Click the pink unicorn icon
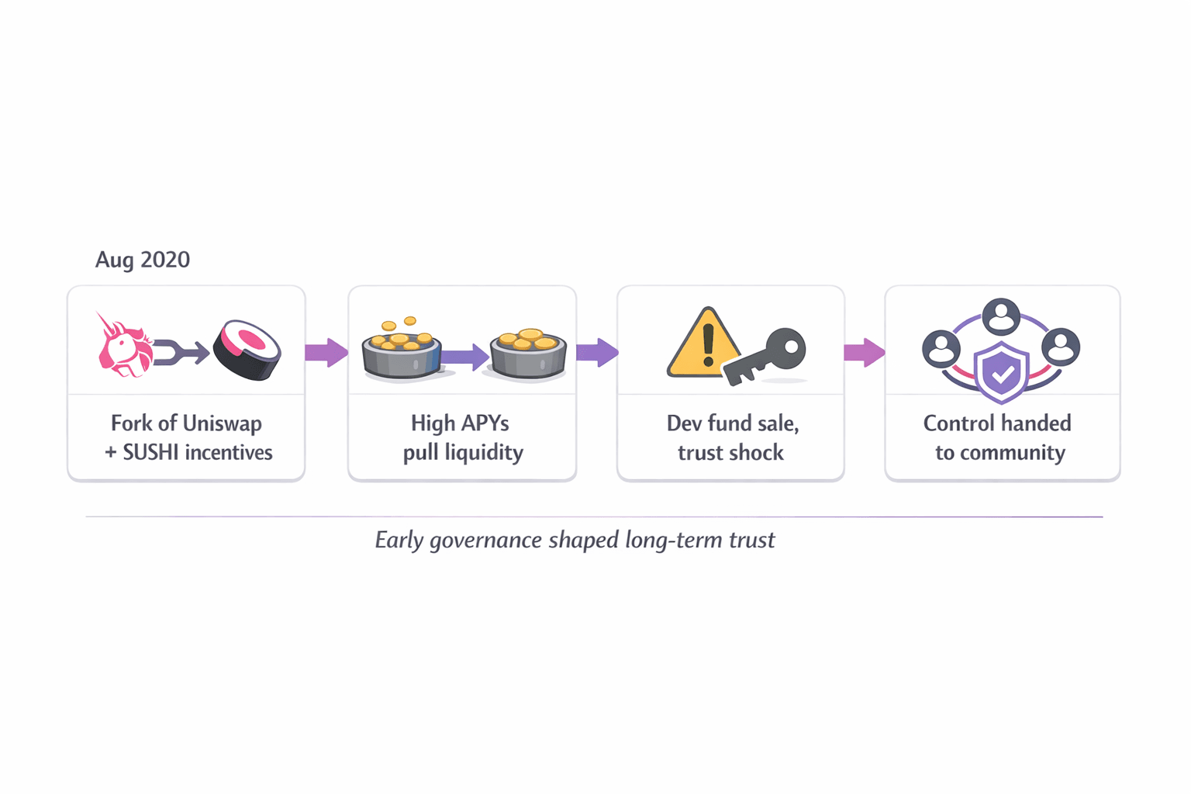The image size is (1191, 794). [x=123, y=346]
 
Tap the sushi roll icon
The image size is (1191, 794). [x=247, y=350]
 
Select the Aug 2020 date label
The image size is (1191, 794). [x=143, y=260]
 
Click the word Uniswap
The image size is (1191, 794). [x=226, y=424]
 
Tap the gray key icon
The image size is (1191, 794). [x=768, y=356]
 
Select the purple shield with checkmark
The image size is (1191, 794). [x=1001, y=372]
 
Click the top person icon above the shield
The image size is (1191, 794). [x=1001, y=316]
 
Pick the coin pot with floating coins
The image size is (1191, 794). [x=401, y=350]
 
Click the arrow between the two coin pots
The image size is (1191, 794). [x=465, y=357]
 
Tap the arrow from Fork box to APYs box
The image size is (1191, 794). [x=326, y=353]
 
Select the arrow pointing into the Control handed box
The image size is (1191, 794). [x=865, y=353]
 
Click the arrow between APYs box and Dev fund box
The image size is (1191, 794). [x=597, y=353]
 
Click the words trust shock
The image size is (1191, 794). [x=730, y=453]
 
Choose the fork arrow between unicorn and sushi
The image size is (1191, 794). [x=181, y=353]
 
